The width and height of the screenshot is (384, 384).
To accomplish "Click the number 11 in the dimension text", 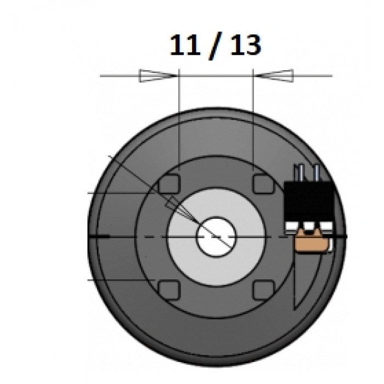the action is pyautogui.click(x=184, y=45).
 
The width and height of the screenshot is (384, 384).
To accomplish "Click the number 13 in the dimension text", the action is pyautogui.click(x=245, y=45).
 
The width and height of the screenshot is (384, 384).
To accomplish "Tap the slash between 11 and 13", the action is pyautogui.click(x=214, y=46).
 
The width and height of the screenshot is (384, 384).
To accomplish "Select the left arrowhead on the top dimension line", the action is pyautogui.click(x=159, y=76).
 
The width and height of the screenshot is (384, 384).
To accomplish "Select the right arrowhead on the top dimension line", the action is pyautogui.click(x=273, y=76).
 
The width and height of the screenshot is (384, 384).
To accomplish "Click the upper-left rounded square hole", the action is pyautogui.click(x=170, y=184).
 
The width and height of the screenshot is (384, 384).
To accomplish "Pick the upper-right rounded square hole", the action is pyautogui.click(x=263, y=184).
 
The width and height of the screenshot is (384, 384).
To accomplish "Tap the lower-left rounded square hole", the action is pyautogui.click(x=170, y=290).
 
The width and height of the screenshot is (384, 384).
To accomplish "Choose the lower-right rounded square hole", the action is pyautogui.click(x=263, y=290).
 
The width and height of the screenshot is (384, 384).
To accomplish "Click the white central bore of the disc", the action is pyautogui.click(x=217, y=237).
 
